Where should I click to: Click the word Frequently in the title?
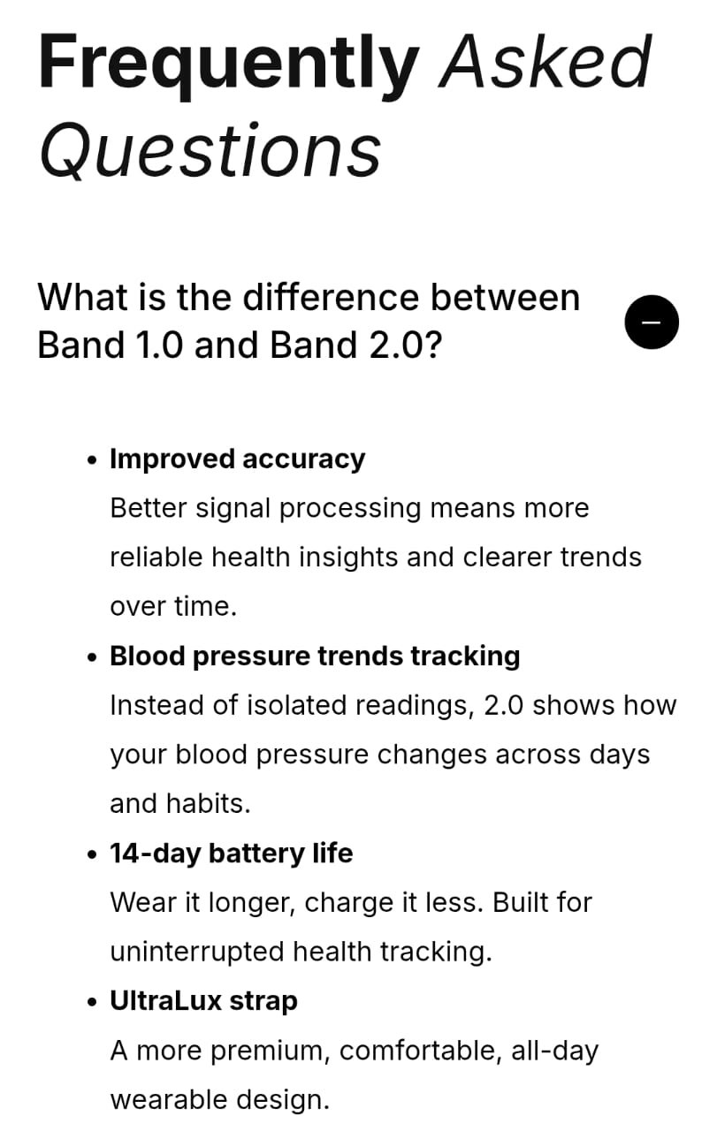[x=228, y=65]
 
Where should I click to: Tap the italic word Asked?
[x=545, y=62]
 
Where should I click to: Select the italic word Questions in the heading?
[x=210, y=150]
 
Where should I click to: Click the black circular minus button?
[x=652, y=323]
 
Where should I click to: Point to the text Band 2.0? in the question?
[x=355, y=345]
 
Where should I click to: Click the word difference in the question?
[x=331, y=297]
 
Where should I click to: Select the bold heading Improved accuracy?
[x=238, y=459]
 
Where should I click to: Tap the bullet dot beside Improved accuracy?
[x=91, y=460]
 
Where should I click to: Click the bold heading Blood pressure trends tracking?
[x=315, y=657]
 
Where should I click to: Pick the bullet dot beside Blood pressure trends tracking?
[x=91, y=657]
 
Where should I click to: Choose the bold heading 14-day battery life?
[x=232, y=854]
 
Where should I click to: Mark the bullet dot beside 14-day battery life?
[x=91, y=854]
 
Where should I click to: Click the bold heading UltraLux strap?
[x=203, y=1000]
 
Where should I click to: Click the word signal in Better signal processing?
[x=233, y=509]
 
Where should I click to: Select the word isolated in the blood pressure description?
[x=297, y=705]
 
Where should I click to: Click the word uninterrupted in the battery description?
[x=197, y=953]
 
